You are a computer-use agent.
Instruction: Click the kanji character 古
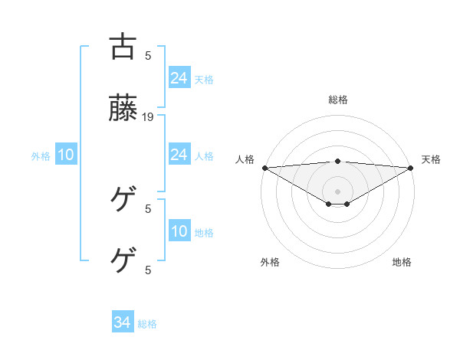[123, 47]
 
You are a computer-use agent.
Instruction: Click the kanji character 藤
[123, 110]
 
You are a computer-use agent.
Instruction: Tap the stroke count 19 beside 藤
[149, 116]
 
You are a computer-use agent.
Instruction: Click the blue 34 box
[123, 323]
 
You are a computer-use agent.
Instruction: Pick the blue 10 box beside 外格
[66, 155]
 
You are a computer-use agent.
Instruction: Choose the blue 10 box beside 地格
[179, 232]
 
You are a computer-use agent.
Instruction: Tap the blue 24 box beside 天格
[179, 78]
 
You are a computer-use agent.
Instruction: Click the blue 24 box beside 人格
[179, 155]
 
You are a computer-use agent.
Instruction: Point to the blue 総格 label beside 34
[147, 324]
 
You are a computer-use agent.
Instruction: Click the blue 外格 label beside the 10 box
[41, 156]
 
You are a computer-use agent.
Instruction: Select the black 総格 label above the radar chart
[337, 100]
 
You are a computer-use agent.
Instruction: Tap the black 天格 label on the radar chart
[431, 159]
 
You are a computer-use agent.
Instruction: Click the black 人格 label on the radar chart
[245, 159]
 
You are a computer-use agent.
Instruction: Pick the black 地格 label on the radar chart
[402, 262]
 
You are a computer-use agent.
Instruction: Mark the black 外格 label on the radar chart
[270, 262]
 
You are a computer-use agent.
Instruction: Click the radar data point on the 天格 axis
[411, 168]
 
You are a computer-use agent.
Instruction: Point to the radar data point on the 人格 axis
[264, 168]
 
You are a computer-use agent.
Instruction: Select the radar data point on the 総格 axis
[337, 161]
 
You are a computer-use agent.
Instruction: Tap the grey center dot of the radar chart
[337, 191]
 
